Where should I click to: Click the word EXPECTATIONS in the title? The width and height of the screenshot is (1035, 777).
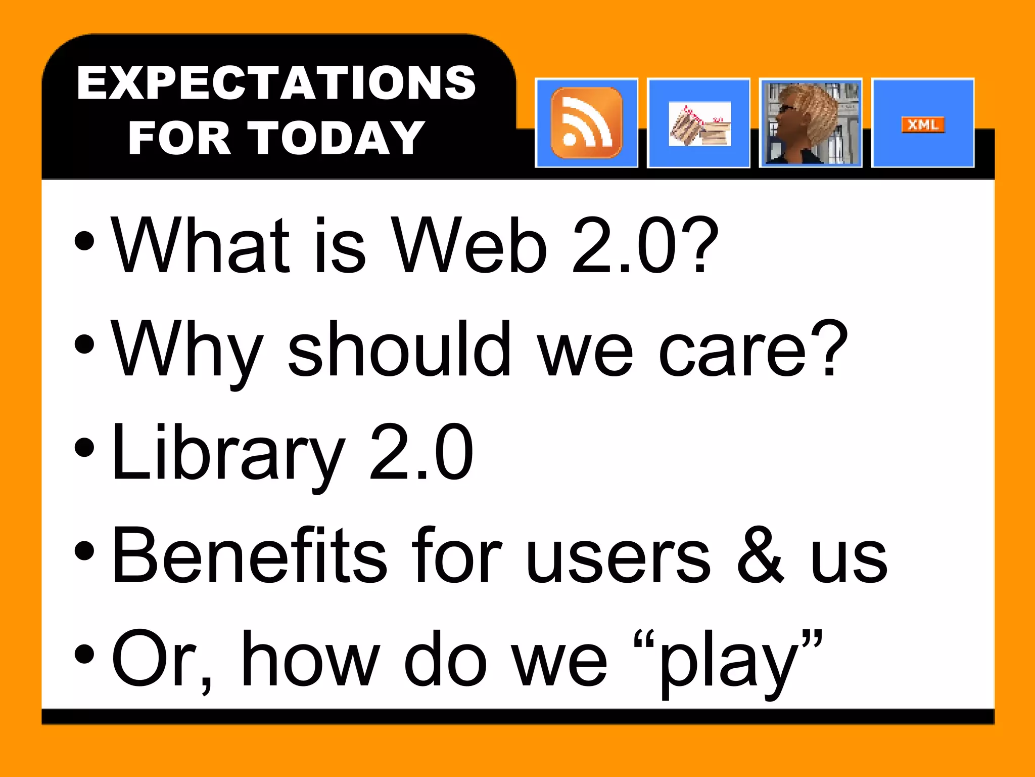[x=276, y=83]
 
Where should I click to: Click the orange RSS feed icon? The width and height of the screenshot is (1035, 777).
[x=586, y=123]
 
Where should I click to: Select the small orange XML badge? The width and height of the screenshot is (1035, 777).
[x=923, y=124]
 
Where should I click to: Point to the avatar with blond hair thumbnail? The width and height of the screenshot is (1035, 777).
[x=811, y=123]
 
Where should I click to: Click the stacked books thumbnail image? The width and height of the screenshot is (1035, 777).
[x=699, y=124]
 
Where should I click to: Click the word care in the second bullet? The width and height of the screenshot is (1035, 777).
[x=733, y=351]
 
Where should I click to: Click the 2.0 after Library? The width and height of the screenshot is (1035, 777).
[x=421, y=452]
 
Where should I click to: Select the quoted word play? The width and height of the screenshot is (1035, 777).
[x=728, y=663]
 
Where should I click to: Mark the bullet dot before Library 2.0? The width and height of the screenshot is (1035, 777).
[x=84, y=448]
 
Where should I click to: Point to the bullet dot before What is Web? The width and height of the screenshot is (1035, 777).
[x=84, y=241]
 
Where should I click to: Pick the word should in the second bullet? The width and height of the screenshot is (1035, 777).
[x=399, y=349]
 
